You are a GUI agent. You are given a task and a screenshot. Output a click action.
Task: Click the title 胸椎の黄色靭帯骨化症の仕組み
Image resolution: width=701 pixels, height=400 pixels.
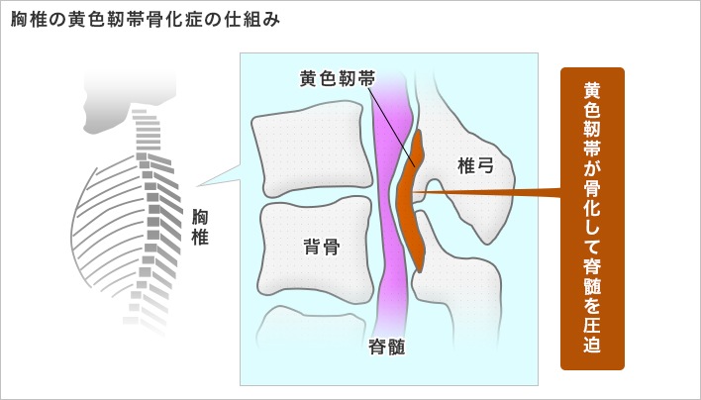coord(146,21)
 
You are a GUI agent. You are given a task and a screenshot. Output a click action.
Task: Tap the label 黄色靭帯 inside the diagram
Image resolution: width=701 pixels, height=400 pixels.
coord(338,79)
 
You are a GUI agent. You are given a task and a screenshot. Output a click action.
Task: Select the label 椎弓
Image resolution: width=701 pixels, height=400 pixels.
coord(475,165)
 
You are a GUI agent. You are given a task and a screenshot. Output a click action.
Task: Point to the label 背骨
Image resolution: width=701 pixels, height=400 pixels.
coord(322,247)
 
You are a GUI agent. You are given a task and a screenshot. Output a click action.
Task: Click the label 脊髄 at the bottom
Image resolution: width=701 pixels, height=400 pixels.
coord(387,347)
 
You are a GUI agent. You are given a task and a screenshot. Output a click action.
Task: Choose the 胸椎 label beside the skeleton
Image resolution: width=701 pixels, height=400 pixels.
coord(200,227)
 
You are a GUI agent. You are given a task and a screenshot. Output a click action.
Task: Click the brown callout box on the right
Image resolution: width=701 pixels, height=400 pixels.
coord(592,219)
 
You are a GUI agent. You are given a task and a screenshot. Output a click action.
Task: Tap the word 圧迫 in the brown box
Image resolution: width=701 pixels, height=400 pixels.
coord(592,331)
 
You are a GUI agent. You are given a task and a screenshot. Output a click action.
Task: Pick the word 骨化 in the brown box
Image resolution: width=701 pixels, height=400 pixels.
coord(592,200)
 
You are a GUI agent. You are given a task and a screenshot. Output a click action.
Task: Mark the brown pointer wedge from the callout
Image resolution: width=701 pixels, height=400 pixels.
coord(487,193)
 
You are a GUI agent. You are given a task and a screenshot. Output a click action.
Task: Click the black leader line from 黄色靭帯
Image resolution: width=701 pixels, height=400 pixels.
coord(392,128)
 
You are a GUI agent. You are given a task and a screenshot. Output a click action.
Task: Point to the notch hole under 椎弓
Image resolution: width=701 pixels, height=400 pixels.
coord(435,193)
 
